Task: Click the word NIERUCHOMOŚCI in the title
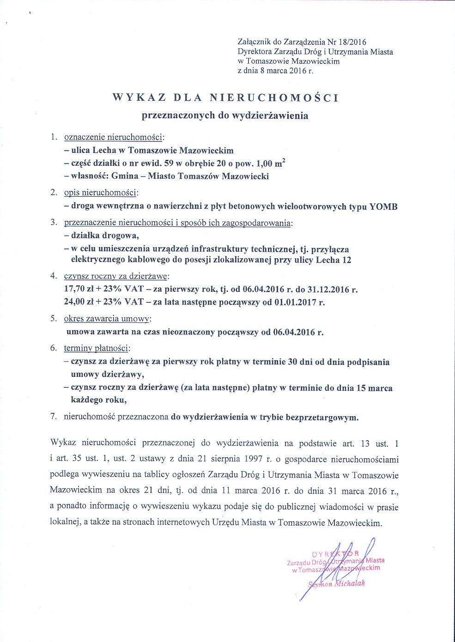pyautogui.click(x=274, y=97)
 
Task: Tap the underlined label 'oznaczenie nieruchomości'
pyautogui.click(x=113, y=137)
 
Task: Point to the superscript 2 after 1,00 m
pyautogui.click(x=283, y=160)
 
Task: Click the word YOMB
pyautogui.click(x=383, y=206)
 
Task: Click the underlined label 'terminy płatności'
pyautogui.click(x=97, y=348)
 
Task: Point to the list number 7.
pyautogui.click(x=54, y=417)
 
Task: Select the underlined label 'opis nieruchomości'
pyautogui.click(x=100, y=193)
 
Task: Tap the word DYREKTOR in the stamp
pyautogui.click(x=336, y=554)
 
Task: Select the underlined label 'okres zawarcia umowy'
pyautogui.click(x=107, y=319)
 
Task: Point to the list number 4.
pyautogui.click(x=54, y=276)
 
